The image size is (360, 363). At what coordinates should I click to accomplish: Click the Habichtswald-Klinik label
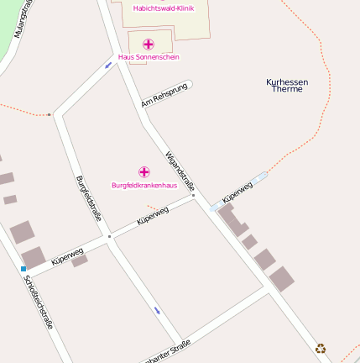tap(163, 8)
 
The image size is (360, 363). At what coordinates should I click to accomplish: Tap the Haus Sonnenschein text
tap(149, 57)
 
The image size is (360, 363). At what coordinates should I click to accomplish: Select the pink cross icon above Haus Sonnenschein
tap(149, 44)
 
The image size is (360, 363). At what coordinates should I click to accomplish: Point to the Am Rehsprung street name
tap(164, 96)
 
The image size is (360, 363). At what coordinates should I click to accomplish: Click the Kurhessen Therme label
tap(287, 85)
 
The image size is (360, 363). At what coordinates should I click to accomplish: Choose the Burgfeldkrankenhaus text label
tap(143, 185)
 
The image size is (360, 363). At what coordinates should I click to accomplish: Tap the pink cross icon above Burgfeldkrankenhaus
tap(143, 171)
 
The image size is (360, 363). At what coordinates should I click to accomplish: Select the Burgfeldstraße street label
tap(88, 198)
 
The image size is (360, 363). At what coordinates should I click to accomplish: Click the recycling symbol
tap(321, 348)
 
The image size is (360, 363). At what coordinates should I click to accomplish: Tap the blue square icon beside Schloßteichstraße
tap(23, 269)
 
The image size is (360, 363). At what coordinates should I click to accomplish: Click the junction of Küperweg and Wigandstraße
tap(194, 197)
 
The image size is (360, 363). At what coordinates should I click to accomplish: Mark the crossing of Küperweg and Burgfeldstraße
tap(108, 236)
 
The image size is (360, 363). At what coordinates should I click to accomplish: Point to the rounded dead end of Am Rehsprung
tap(189, 84)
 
